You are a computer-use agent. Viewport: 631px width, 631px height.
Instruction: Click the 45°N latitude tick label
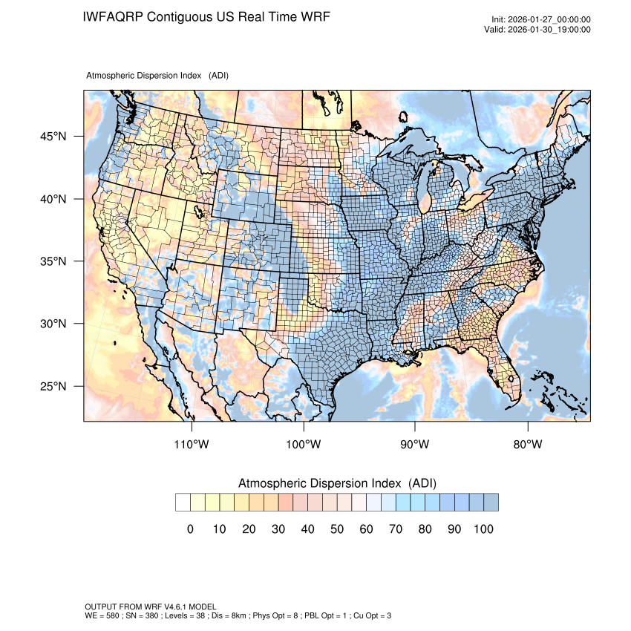(53, 137)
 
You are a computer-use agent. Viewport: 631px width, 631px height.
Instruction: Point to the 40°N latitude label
(53, 199)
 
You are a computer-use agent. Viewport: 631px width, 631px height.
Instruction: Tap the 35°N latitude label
(53, 261)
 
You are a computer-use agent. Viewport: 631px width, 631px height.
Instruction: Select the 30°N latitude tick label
(53, 324)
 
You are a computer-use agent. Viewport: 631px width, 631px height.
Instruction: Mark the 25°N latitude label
(53, 386)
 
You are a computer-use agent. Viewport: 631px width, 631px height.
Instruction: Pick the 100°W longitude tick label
(304, 445)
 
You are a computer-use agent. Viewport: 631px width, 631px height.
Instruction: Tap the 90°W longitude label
(415, 445)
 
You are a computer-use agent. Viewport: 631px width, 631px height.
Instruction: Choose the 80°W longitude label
(527, 445)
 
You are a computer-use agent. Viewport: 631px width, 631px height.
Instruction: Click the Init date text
(541, 19)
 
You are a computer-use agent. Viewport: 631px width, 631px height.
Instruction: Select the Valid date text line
(540, 30)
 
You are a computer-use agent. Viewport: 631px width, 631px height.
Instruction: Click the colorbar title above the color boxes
(337, 483)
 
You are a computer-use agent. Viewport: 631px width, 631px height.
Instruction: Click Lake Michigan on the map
(424, 189)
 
